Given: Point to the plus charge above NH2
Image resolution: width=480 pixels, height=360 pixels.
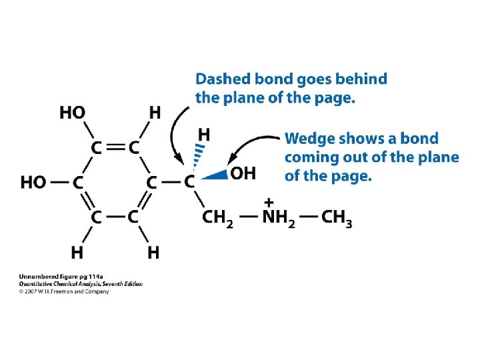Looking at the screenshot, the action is [269, 201].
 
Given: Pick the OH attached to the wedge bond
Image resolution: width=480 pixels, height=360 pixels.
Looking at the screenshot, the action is [243, 174].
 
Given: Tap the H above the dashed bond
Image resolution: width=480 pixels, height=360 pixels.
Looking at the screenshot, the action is [205, 135].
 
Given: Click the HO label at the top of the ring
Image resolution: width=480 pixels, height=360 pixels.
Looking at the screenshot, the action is [73, 113].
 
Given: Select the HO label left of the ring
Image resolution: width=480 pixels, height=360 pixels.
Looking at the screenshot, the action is [33, 181].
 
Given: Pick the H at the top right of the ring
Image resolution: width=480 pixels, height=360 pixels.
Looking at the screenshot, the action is [154, 113].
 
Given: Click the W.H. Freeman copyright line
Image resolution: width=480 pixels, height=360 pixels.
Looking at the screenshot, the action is [63, 291].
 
